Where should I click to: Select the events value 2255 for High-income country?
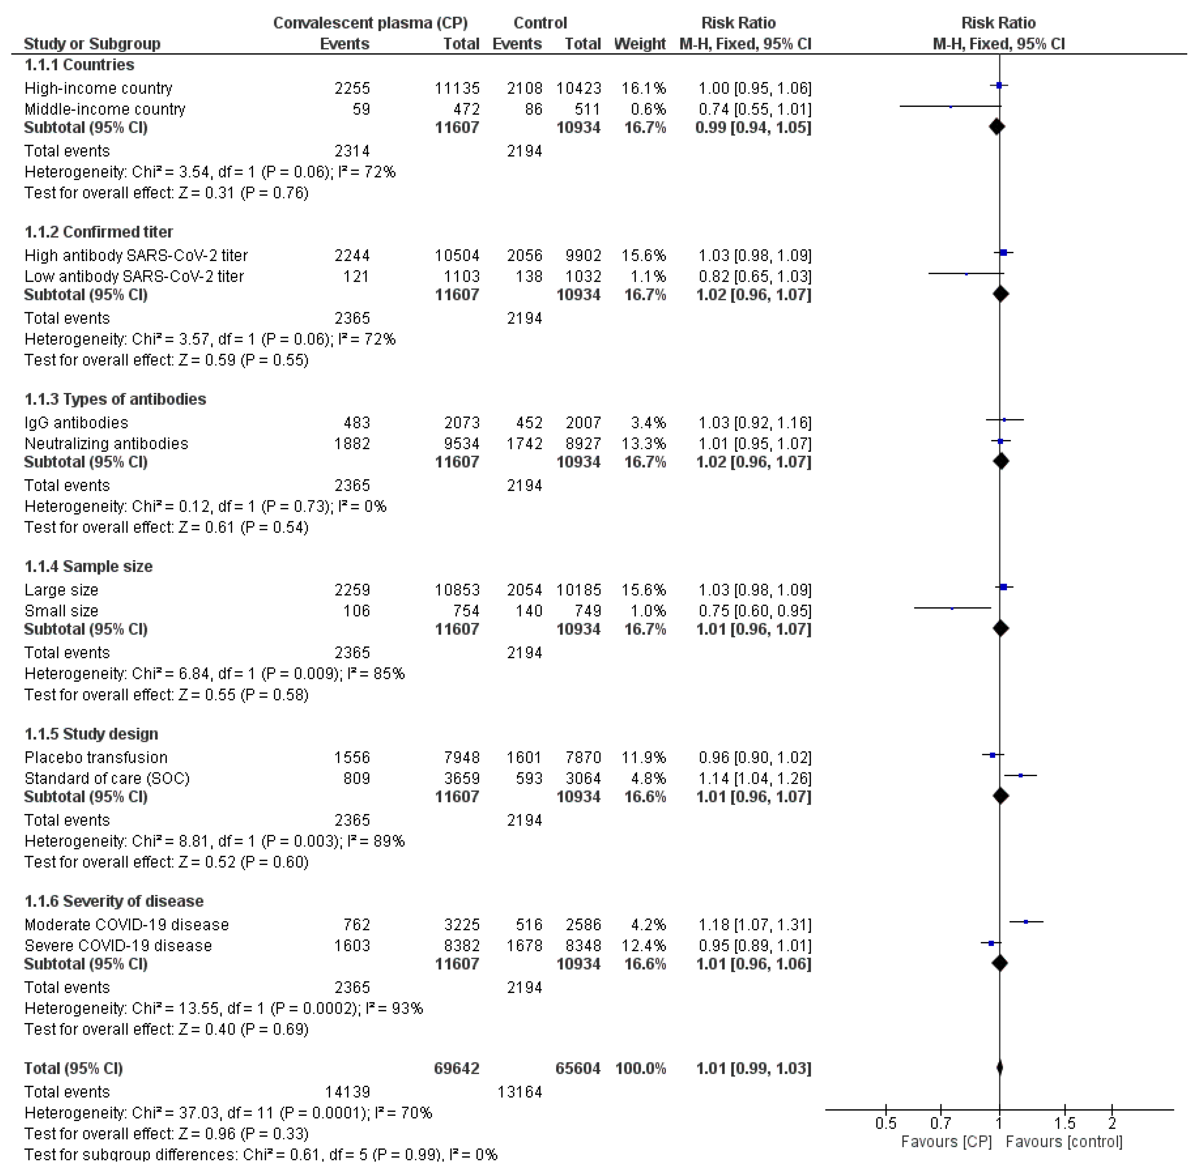[352, 88]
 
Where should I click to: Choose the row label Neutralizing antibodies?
[106, 444]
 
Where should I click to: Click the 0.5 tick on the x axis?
[886, 1123]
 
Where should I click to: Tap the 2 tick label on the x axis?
[1112, 1123]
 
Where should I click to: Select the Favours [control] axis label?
[1064, 1142]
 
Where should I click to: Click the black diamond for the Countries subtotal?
[996, 127]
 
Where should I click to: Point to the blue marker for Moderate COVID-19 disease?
[1026, 921]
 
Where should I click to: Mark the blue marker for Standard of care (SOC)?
[1020, 775]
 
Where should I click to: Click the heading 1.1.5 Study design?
[92, 734]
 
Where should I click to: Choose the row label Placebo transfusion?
[96, 757]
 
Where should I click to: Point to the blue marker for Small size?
[952, 608]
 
